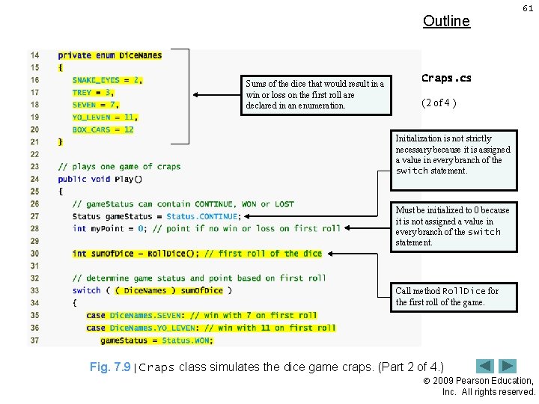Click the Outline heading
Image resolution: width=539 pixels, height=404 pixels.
[x=446, y=21]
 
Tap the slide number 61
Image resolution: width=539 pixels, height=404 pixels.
[x=528, y=8]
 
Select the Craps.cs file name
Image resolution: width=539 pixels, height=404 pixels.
[x=446, y=78]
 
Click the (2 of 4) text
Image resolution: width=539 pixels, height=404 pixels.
[x=439, y=102]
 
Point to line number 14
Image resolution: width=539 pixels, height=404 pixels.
[x=34, y=55]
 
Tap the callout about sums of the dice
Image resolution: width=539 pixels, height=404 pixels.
[x=315, y=94]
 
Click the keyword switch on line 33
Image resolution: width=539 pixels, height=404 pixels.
[x=86, y=290]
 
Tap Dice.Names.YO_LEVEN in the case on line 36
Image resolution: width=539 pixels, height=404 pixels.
[x=151, y=328]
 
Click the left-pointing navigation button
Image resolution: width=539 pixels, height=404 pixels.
[x=486, y=366]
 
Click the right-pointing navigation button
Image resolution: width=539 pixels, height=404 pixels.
[x=508, y=366]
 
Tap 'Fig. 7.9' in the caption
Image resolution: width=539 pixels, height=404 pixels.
[x=109, y=367]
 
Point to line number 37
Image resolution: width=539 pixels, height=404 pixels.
[x=34, y=340]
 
